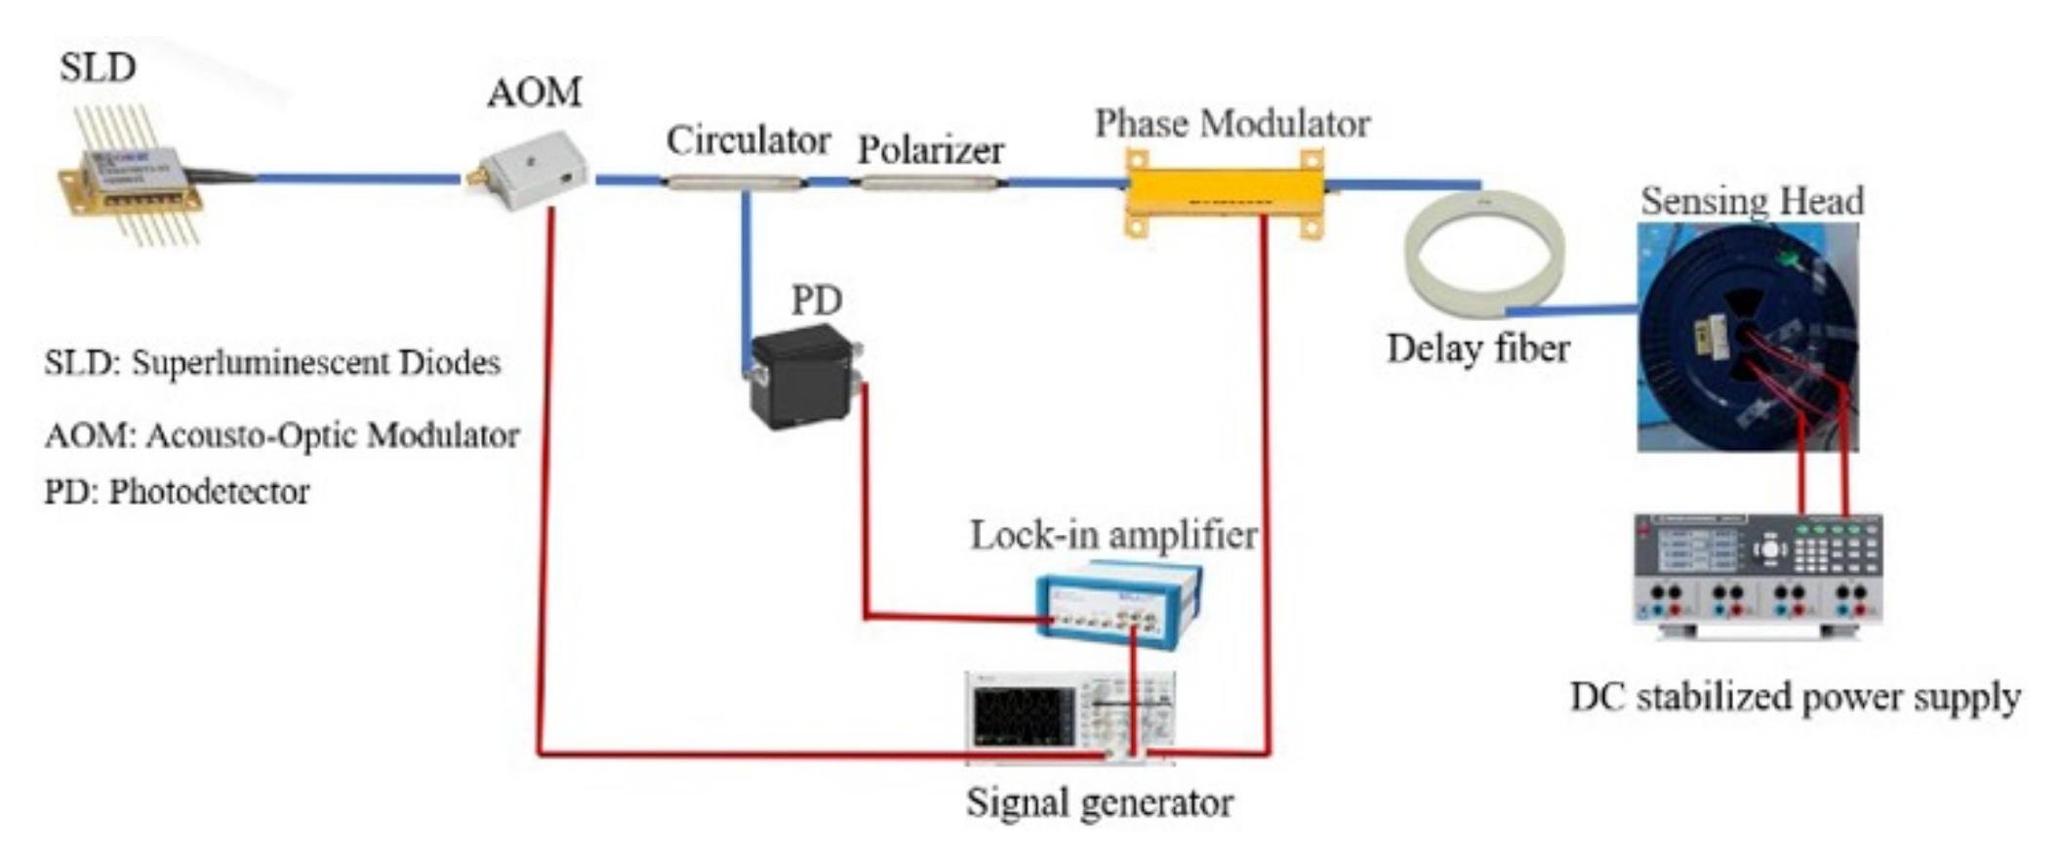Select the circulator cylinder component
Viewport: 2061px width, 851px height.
(734, 182)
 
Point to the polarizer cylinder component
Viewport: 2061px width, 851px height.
(929, 182)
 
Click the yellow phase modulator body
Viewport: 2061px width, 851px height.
(1225, 193)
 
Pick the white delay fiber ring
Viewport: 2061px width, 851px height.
(1483, 254)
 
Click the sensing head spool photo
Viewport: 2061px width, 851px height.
(1747, 337)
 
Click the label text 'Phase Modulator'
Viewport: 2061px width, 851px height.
(1232, 124)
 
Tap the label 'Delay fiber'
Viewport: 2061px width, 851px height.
(1478, 348)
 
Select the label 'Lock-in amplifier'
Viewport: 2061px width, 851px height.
(1113, 536)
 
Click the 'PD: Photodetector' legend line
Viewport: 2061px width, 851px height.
(177, 491)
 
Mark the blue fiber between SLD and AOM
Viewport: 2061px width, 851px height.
(356, 179)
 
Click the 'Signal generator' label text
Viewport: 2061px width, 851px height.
(1100, 802)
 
